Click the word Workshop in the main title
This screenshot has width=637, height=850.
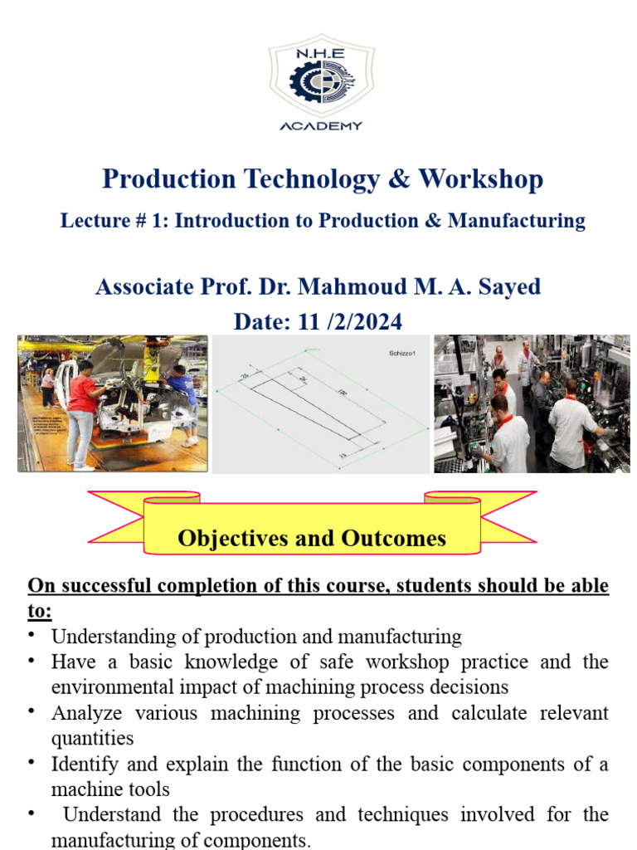coord(481,179)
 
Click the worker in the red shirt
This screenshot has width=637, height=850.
coord(82,407)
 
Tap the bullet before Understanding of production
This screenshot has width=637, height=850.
coord(32,636)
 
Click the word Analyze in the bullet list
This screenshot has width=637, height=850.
coord(83,713)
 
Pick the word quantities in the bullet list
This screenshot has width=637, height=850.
coord(92,738)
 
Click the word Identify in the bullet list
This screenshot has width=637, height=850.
coord(83,764)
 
